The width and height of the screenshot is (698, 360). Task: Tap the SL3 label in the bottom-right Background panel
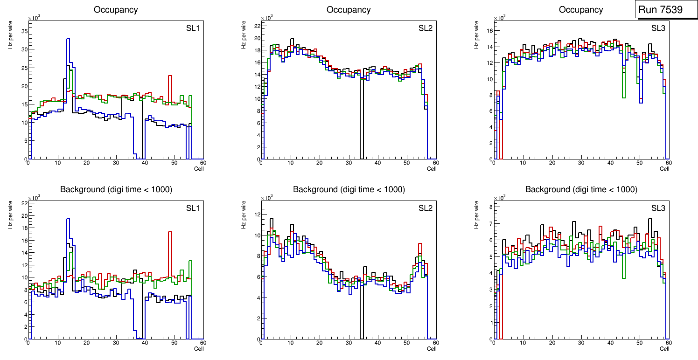[658, 208]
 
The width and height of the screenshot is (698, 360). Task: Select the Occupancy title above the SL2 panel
[349, 10]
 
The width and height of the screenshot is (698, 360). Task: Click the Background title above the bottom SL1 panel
[116, 189]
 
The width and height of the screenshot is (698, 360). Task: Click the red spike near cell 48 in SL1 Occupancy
[170, 76]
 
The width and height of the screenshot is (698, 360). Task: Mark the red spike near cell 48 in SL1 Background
[170, 232]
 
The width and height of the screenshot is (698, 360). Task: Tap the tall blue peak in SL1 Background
[68, 219]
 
